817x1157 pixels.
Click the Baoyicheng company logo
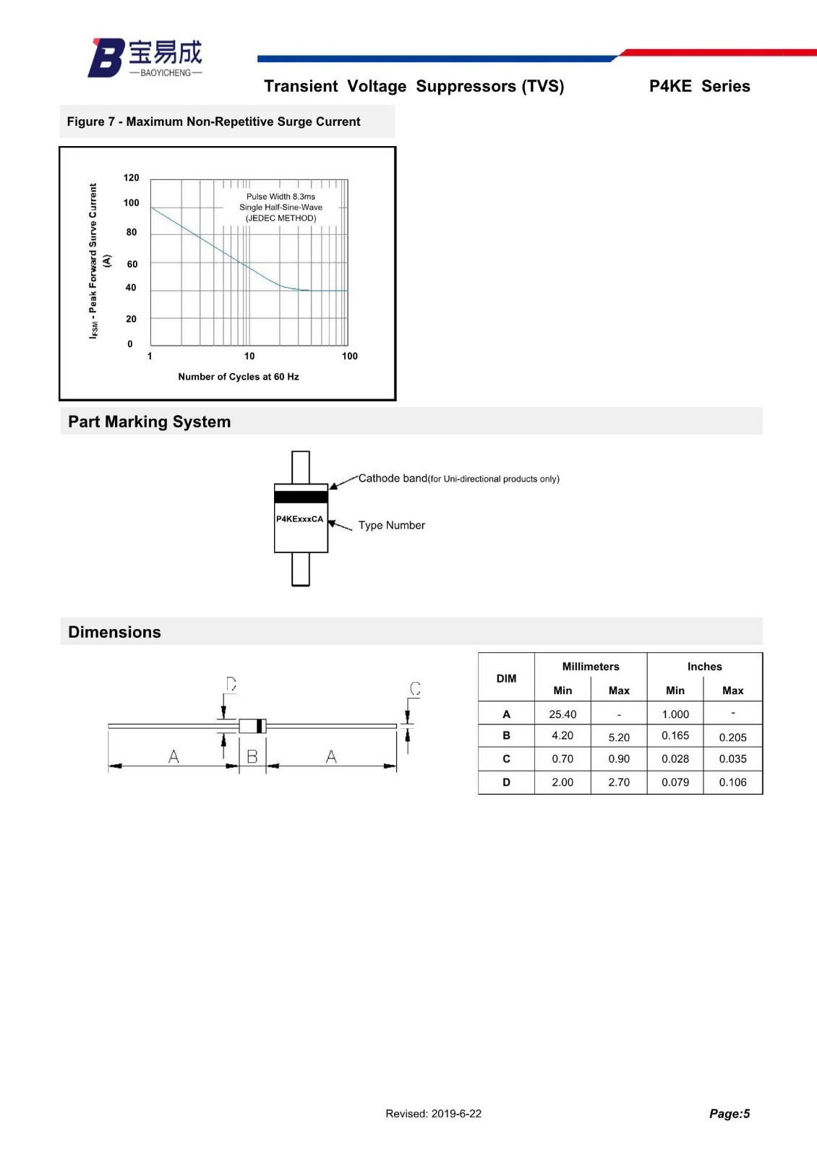145,57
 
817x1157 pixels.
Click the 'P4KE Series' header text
699,86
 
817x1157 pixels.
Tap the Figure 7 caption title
213,121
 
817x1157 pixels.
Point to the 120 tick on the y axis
131,178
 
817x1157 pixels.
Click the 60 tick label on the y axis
132,265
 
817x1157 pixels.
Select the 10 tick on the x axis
249,356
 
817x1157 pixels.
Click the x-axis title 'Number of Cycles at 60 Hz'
239,377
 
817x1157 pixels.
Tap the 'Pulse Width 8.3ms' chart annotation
281,197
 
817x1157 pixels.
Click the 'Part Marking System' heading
149,422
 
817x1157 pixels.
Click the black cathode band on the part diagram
301,497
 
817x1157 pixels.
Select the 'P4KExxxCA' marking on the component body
299,519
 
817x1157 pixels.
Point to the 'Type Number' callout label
391,525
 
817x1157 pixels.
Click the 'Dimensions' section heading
114,632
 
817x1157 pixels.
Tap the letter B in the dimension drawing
252,756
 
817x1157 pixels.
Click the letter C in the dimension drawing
415,688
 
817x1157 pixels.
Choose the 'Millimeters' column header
591,667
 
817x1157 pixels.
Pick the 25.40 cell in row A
563,714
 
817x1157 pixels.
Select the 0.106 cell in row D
732,782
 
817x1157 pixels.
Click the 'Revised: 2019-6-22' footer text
433,1114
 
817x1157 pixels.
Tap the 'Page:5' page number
729,1114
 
